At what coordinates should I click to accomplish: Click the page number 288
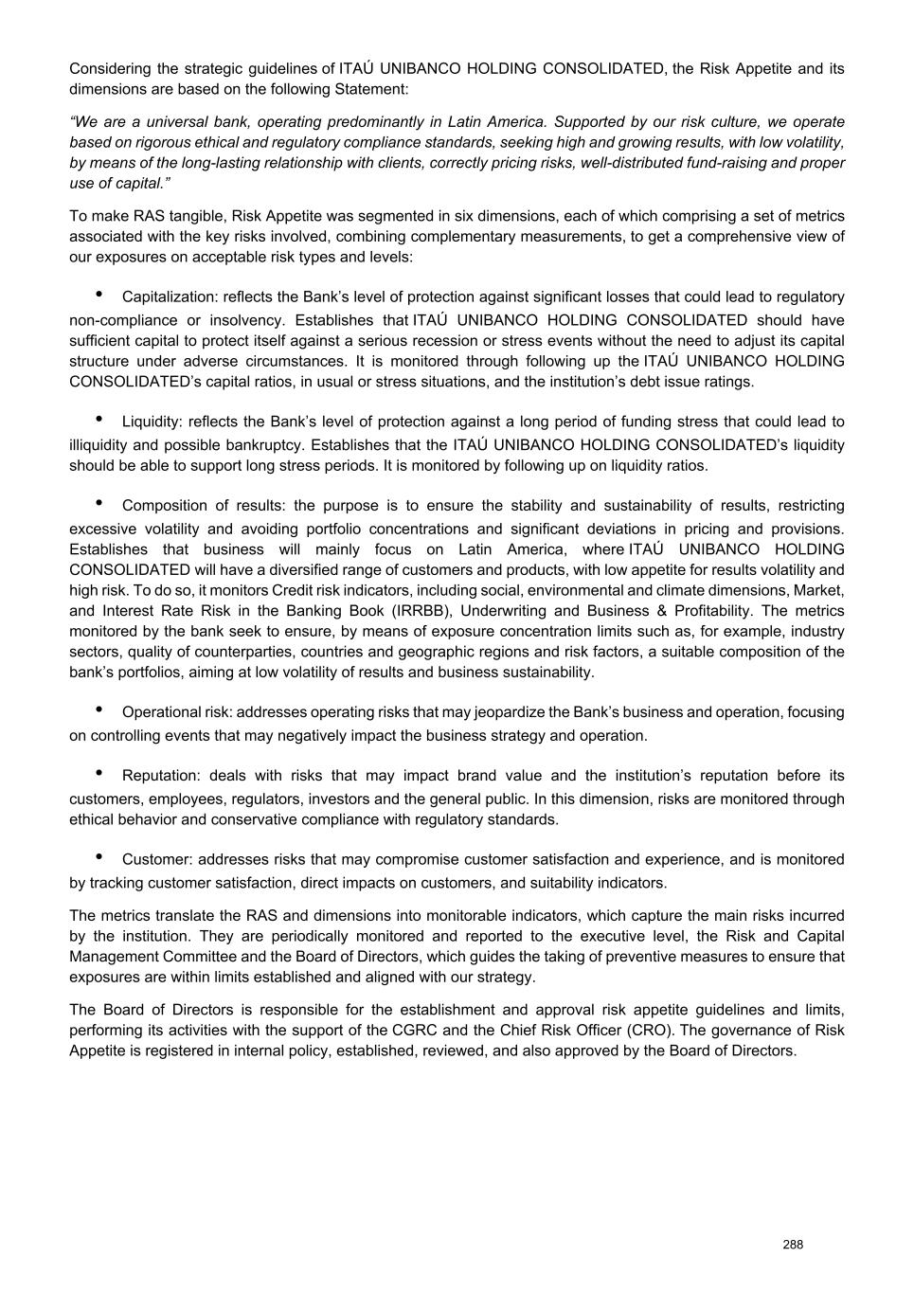pos(793,1244)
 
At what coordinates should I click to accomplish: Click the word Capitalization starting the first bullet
pos(168,297)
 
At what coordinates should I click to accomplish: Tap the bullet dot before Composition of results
pos(99,502)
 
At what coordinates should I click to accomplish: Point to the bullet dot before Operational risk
pos(99,709)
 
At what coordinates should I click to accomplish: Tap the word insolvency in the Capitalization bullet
pos(248,320)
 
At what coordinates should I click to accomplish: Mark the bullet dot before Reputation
pos(99,772)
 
